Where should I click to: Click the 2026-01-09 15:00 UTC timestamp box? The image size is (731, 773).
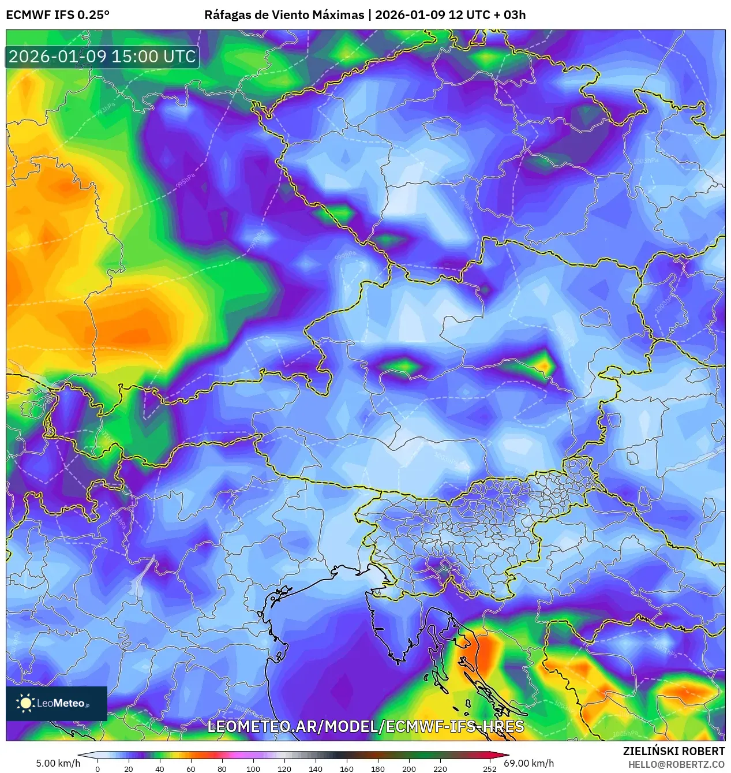point(102,57)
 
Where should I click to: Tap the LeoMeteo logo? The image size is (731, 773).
point(57,703)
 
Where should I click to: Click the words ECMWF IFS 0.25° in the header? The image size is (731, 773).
point(58,15)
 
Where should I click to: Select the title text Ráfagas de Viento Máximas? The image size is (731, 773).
point(284,15)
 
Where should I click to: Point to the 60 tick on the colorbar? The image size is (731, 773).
point(191,768)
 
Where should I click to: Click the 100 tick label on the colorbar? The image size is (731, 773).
point(253,768)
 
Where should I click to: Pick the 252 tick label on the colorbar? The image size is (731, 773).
point(489,768)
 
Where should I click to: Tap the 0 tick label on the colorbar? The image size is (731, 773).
point(98,768)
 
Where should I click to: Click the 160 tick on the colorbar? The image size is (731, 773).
point(347,768)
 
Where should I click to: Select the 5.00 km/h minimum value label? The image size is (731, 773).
point(58,763)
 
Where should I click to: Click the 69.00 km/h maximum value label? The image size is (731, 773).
point(529,763)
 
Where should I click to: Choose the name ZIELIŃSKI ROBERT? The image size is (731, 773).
point(674,751)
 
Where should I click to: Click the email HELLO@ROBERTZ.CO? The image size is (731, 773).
point(676,764)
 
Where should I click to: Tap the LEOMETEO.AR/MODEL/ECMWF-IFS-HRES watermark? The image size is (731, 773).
point(365,726)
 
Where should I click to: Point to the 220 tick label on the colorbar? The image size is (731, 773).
point(440,768)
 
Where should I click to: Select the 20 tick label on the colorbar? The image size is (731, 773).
point(129,768)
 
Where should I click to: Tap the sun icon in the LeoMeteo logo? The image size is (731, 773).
point(25,703)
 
